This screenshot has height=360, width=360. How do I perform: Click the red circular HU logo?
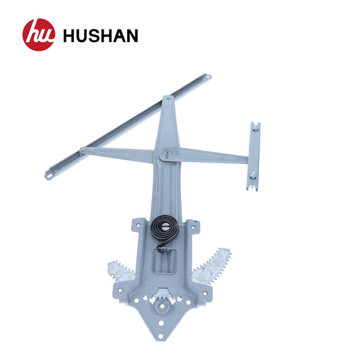tap(38, 34)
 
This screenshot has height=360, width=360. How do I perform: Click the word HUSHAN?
tap(100, 35)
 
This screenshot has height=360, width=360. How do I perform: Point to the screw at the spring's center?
tap(165, 227)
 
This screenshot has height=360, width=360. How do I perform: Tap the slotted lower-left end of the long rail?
tap(49, 174)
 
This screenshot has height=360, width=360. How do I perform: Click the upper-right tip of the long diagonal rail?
tap(207, 77)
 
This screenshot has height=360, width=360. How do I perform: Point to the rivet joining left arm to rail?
tap(83, 150)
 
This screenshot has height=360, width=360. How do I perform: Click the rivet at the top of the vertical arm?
tap(166, 99)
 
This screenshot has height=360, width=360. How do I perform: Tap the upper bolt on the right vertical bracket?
tap(254, 129)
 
